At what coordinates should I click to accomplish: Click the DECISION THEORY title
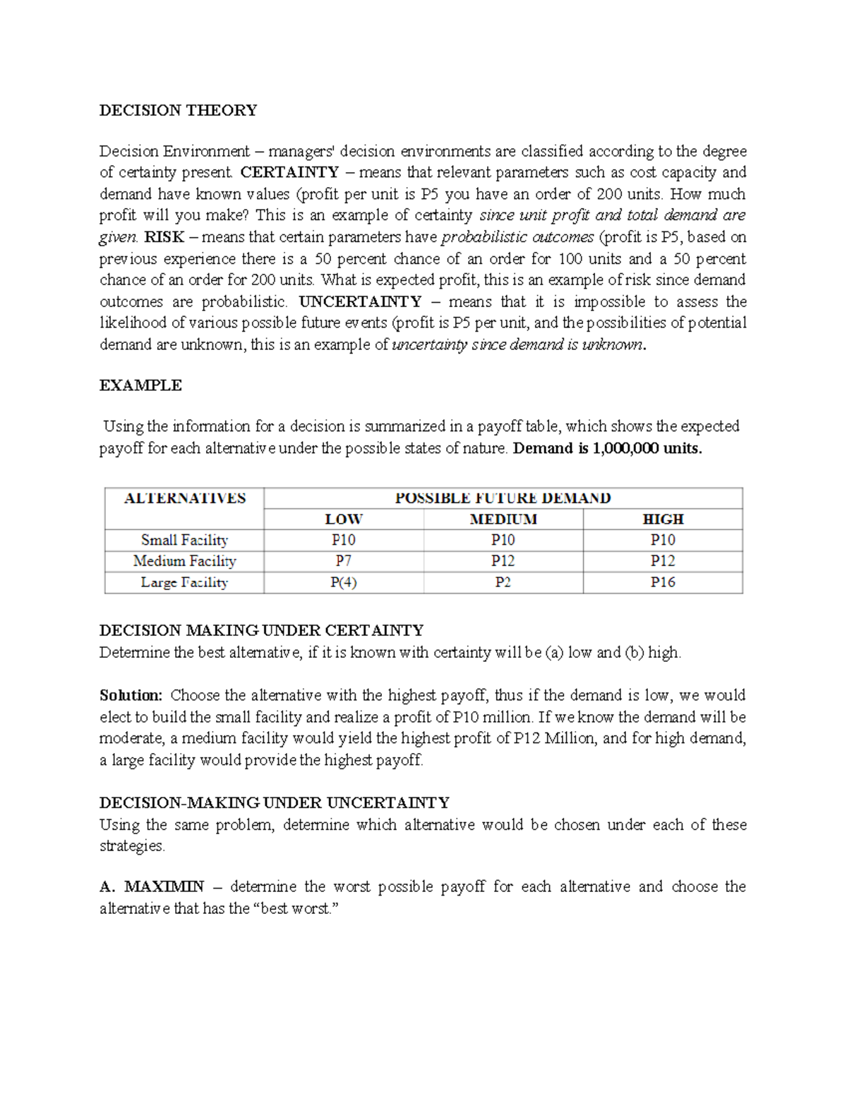[178, 110]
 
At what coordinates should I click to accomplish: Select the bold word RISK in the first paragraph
[164, 237]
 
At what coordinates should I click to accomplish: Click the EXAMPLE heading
[140, 385]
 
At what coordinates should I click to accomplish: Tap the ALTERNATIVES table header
[184, 498]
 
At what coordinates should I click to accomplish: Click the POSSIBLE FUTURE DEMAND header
[503, 498]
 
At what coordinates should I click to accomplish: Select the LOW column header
[343, 519]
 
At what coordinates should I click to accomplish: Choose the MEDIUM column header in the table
[503, 519]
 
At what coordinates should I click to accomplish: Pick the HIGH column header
[663, 519]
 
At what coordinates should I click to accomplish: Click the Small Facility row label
[184, 541]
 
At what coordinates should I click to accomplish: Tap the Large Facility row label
[184, 583]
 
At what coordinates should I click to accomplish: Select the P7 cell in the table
[343, 562]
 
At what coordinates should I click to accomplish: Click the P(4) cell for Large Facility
[343, 583]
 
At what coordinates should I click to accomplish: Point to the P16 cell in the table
[663, 583]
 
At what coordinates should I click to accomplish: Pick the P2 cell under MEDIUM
[503, 583]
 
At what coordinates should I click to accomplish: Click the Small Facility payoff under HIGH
[663, 541]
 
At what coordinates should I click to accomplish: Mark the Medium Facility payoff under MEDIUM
[503, 562]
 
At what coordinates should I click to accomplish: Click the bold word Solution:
[131, 696]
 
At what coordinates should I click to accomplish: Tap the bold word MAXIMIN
[164, 887]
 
